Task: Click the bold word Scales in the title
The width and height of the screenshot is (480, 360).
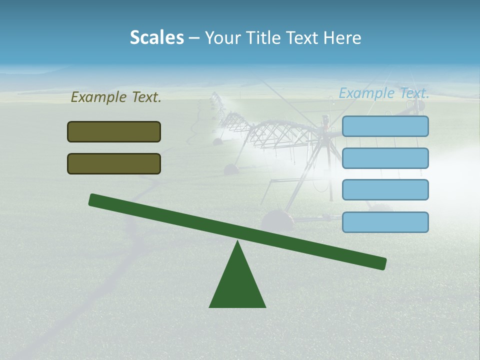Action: [157, 38]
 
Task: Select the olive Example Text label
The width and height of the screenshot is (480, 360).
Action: [116, 97]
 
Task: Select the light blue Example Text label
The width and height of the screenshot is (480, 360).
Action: [384, 93]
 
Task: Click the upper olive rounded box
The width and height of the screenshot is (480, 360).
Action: [114, 131]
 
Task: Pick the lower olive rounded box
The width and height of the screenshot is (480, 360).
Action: [114, 163]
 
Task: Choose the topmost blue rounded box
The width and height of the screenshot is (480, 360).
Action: [385, 126]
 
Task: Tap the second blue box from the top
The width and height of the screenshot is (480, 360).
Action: [385, 158]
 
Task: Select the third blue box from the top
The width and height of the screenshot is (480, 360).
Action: [385, 190]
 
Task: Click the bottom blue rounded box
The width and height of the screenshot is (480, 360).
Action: [385, 222]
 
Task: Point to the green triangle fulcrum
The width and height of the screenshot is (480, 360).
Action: [237, 282]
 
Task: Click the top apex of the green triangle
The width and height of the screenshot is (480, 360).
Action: [237, 242]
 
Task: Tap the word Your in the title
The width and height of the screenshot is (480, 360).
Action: [222, 38]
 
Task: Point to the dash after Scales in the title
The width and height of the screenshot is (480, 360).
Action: [194, 38]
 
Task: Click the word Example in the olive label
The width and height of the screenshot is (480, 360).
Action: [99, 97]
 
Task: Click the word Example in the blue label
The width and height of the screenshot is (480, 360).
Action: [367, 93]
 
